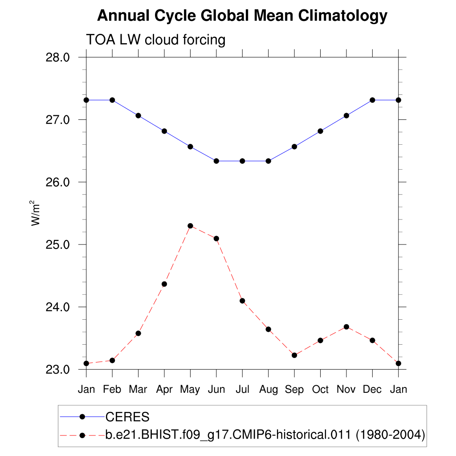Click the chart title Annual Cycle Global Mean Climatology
[242, 16]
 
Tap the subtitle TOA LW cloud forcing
[156, 40]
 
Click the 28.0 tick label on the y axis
[58, 57]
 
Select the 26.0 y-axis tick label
[58, 182]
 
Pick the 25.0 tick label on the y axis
[58, 244]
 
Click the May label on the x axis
[190, 390]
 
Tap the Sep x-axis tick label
[294, 390]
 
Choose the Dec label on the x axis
[372, 390]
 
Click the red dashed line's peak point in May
[190, 226]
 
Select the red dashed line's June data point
[216, 239]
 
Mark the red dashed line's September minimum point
[294, 355]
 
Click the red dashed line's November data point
[346, 327]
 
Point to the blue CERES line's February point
[112, 100]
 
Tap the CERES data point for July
[242, 161]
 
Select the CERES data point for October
[320, 131]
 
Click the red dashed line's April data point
[164, 284]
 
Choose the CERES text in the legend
[127, 417]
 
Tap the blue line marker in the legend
[82, 417]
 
